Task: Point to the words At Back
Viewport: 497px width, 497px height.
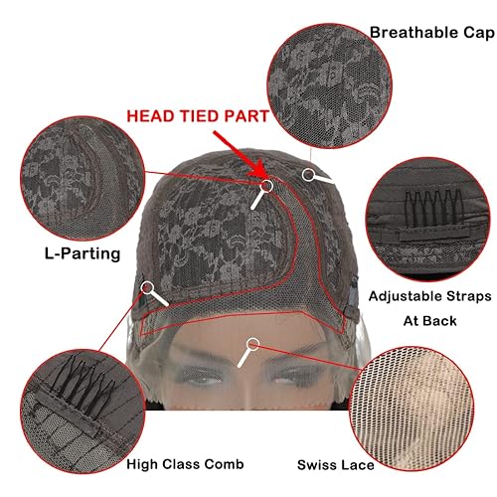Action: [x=428, y=321]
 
